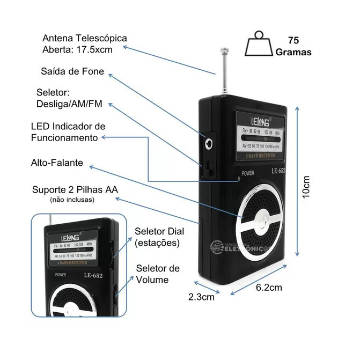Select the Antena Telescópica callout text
85,44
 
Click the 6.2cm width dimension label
268,287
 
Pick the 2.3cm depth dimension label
201,296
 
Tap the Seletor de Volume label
157,274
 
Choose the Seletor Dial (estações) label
159,237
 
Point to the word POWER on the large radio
248,173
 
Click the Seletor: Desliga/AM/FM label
69,98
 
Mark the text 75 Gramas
293,46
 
